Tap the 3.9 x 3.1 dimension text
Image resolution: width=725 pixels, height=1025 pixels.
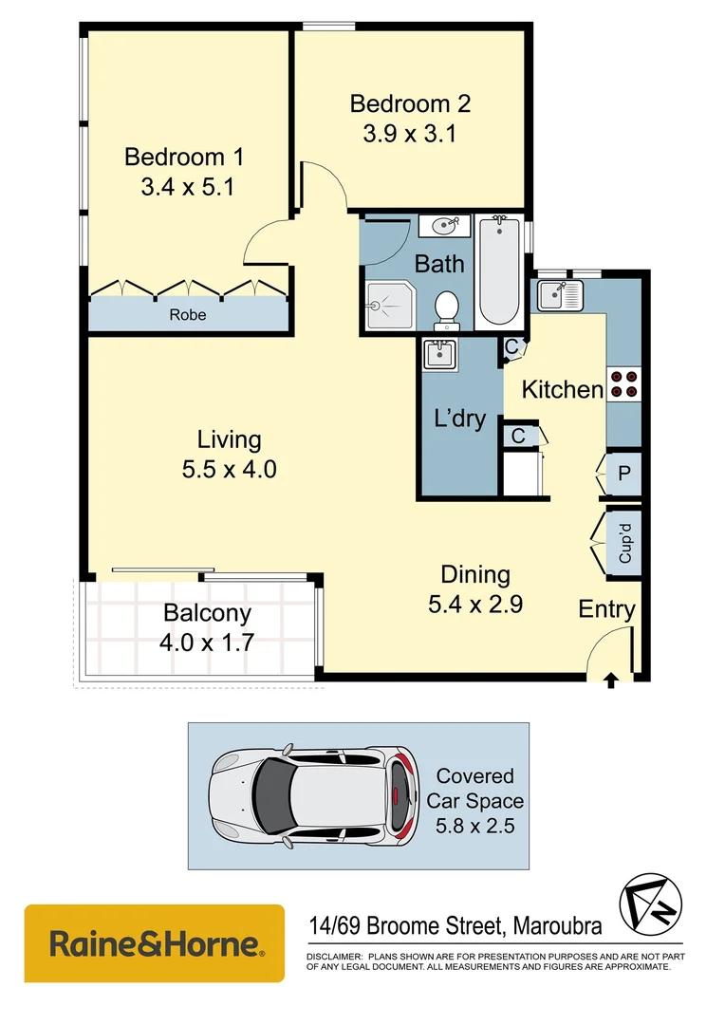(x=409, y=134)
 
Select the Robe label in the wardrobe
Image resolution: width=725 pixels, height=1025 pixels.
(x=187, y=314)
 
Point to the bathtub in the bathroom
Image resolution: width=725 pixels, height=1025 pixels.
(x=498, y=270)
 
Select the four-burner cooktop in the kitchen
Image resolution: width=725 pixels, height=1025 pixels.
(x=623, y=383)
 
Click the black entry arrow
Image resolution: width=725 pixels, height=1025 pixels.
(x=610, y=678)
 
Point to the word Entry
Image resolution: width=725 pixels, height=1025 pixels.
(x=606, y=609)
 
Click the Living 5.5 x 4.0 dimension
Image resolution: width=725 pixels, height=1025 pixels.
(x=230, y=468)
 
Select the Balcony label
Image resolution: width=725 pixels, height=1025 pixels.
(x=207, y=613)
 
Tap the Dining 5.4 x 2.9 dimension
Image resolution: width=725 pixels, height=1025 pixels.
(x=475, y=603)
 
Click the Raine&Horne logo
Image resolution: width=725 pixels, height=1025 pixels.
(x=154, y=943)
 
